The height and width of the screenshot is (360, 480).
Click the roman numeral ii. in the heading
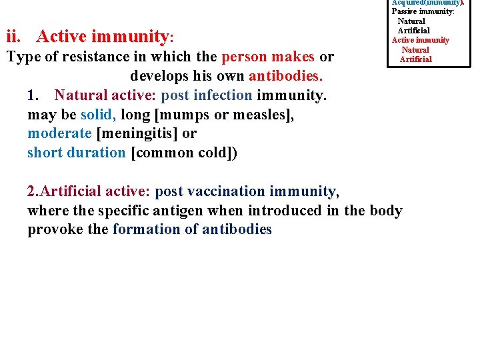tap(15, 35)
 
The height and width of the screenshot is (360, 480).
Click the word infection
tap(225, 95)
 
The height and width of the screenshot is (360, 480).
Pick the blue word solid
tap(98, 115)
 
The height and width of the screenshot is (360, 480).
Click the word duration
tap(96, 153)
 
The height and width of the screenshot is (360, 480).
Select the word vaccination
tap(227, 191)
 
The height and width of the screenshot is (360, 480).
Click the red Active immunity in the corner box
tap(420, 40)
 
